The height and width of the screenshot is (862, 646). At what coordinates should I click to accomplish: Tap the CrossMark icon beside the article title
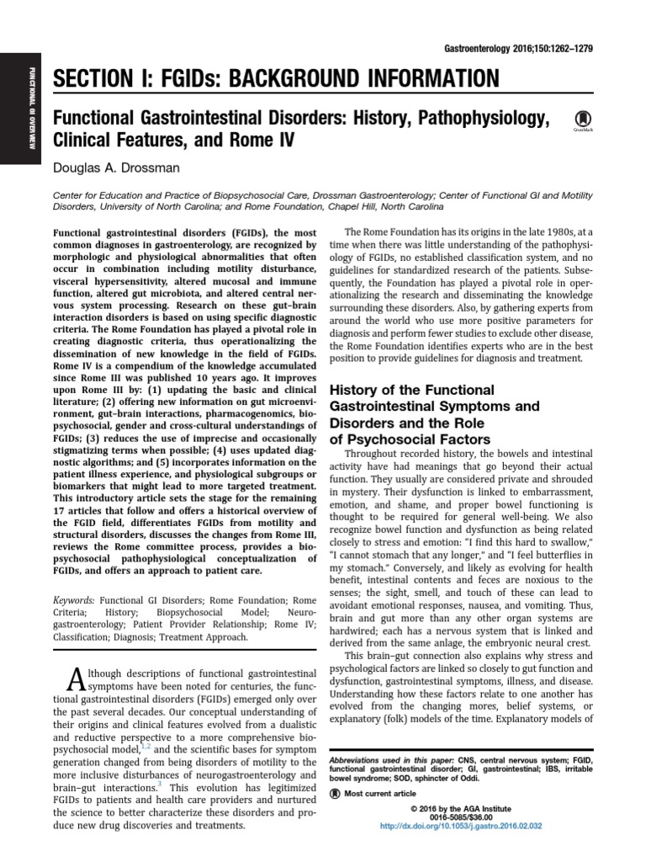[580, 120]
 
